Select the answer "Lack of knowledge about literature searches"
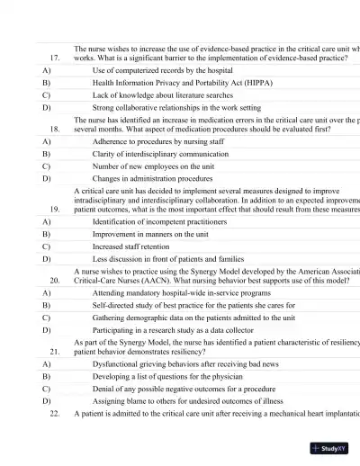click(x=163, y=94)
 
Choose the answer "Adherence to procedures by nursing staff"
click(x=158, y=141)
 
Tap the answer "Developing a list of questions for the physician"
click(x=168, y=377)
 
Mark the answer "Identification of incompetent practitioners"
click(x=164, y=220)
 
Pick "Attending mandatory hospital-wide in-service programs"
click(x=183, y=292)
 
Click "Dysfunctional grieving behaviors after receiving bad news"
click(x=185, y=364)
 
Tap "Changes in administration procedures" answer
click(x=153, y=179)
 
